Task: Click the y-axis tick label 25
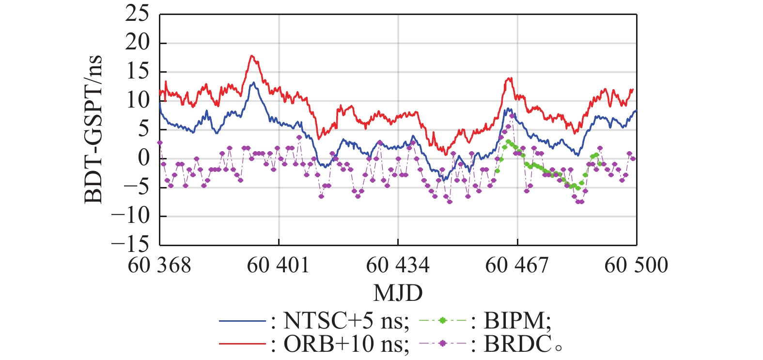pyautogui.click(x=138, y=14)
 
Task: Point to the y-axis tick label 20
pyautogui.click(x=138, y=43)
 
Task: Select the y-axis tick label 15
pyautogui.click(x=138, y=72)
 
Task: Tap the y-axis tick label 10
pyautogui.click(x=138, y=100)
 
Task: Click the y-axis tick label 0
pyautogui.click(x=144, y=158)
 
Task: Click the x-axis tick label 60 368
pyautogui.click(x=159, y=266)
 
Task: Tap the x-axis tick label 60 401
pyautogui.click(x=279, y=266)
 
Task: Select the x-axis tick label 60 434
pyautogui.click(x=398, y=266)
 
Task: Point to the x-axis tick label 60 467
pyautogui.click(x=517, y=266)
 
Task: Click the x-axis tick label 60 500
pyautogui.click(x=636, y=266)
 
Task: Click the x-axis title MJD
pyautogui.click(x=398, y=293)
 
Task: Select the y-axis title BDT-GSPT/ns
pyautogui.click(x=93, y=129)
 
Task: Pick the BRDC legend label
pyautogui.click(x=517, y=344)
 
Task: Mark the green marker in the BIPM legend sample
pyautogui.click(x=442, y=321)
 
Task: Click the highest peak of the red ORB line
pyautogui.click(x=251, y=56)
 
